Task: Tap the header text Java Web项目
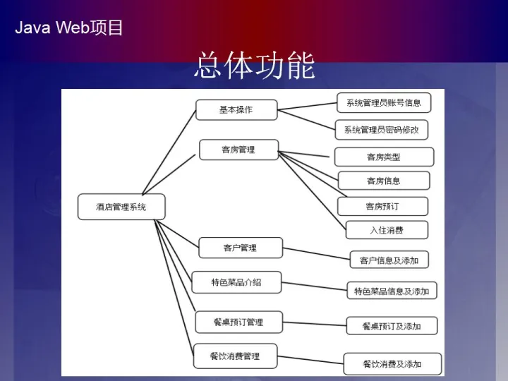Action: (x=69, y=28)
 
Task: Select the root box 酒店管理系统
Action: (x=121, y=207)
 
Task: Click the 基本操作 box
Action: (x=236, y=110)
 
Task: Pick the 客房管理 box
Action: (x=238, y=150)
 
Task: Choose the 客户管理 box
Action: (x=240, y=248)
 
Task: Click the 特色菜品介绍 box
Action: (x=236, y=282)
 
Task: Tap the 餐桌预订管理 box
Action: (x=238, y=322)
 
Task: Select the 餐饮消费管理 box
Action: (x=235, y=356)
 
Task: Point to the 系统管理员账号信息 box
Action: (x=383, y=102)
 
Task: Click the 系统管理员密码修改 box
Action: (x=381, y=130)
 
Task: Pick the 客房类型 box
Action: (x=384, y=157)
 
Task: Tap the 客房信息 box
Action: (x=384, y=181)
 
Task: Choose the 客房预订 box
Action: (x=382, y=206)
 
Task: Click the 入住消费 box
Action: (x=387, y=230)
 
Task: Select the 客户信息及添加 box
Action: (x=389, y=260)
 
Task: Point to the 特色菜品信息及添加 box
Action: (x=392, y=291)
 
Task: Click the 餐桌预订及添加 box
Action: (x=392, y=325)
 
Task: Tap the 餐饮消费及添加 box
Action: (x=392, y=364)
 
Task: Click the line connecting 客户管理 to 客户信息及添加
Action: (x=316, y=253)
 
